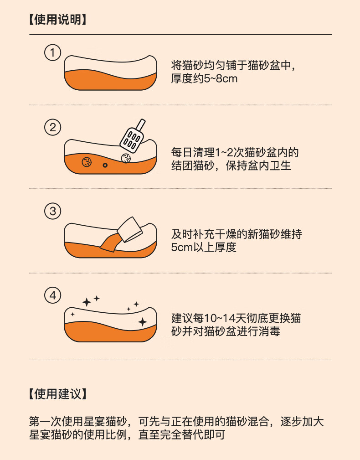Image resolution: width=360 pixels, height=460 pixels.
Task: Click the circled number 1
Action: (x=53, y=53)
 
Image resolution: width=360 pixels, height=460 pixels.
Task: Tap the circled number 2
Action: (x=53, y=127)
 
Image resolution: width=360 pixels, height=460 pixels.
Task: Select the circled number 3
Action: (x=53, y=211)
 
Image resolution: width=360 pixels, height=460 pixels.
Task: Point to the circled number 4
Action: (x=53, y=295)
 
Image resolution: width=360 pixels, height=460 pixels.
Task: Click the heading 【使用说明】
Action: (x=58, y=20)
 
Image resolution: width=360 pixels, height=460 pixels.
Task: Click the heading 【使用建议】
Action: (x=58, y=394)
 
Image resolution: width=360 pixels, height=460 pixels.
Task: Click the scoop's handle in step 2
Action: (x=140, y=124)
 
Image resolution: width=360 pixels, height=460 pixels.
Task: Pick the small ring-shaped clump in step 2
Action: (x=105, y=165)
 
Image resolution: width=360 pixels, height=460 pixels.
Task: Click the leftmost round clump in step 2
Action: (x=87, y=162)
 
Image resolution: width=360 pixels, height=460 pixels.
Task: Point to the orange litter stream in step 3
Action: (x=110, y=243)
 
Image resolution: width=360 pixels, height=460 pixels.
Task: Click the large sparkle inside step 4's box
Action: (x=143, y=322)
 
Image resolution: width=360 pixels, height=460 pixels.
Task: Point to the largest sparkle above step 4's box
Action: (x=87, y=302)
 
